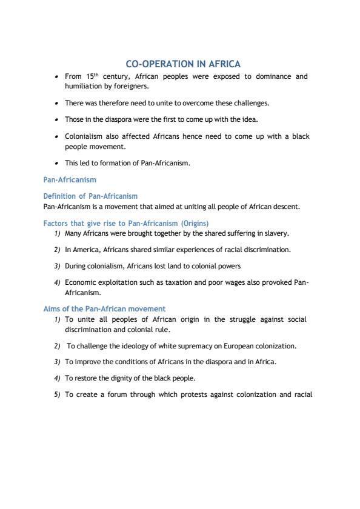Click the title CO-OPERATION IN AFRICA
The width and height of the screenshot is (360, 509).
point(182,64)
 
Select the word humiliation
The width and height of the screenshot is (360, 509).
point(84,86)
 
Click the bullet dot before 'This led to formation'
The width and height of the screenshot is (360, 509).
point(56,163)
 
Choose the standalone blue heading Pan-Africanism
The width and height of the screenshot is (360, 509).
point(70,180)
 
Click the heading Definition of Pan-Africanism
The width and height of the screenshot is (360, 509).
point(90,196)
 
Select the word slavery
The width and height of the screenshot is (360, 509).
point(276,233)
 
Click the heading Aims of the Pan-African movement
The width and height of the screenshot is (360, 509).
point(104,308)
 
